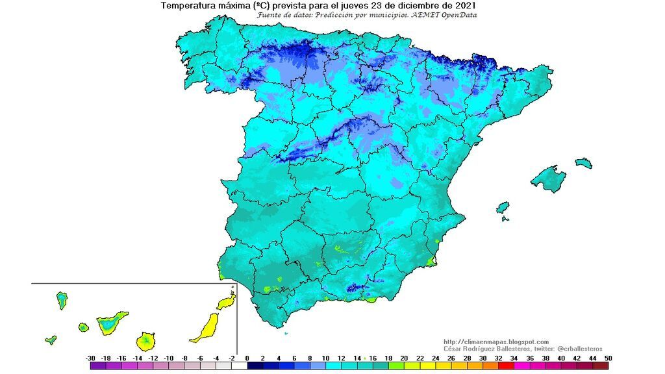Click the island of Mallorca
point(549,179)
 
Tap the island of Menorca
point(583,162)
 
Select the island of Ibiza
point(502,208)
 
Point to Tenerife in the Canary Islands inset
point(110,322)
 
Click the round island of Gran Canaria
point(147,340)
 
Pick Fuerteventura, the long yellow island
point(206,328)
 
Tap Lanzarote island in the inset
point(225,303)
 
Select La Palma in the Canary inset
point(62,299)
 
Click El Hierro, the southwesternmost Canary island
point(51,340)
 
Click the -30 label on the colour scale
point(90,358)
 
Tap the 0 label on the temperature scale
point(247,358)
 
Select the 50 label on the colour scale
point(607,358)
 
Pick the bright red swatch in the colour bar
point(506,366)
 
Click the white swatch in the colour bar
point(240,366)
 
